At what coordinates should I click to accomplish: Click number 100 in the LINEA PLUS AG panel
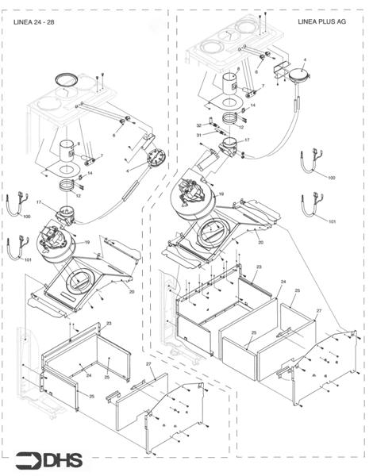click(x=331, y=178)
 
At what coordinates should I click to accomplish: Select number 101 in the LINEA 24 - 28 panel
click(x=27, y=259)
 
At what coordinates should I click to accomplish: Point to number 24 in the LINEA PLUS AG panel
click(x=283, y=281)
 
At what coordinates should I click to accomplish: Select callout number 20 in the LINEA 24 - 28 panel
click(x=131, y=291)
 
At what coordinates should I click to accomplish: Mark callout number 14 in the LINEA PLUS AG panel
click(x=252, y=105)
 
